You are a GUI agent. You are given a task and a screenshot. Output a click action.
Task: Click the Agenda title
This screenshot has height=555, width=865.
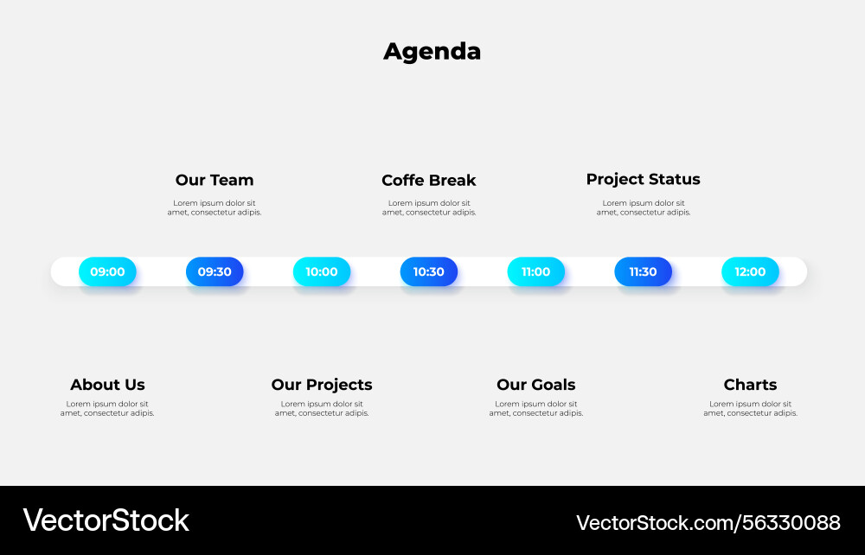point(432,52)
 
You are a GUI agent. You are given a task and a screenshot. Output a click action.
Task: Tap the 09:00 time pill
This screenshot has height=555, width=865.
point(107,271)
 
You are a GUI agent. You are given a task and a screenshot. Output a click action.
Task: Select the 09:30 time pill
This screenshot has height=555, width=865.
point(215,271)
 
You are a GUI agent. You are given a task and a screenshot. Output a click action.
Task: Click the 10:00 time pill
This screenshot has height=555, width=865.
point(322,271)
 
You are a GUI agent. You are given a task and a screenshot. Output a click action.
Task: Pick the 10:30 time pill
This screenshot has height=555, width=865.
point(428,271)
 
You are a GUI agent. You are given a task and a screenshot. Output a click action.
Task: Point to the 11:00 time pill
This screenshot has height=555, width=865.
point(535,271)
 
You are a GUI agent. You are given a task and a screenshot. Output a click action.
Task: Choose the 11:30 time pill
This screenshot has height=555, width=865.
point(643,271)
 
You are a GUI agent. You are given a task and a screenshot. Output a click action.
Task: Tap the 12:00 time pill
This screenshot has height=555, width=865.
point(750,271)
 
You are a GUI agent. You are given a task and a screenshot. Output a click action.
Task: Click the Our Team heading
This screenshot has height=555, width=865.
point(215,180)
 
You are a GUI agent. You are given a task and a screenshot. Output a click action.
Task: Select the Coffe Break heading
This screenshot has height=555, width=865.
point(429,180)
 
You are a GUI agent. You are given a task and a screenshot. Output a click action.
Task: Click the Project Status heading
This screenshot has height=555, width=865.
point(643,179)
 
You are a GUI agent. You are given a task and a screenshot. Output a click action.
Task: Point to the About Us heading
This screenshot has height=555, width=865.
point(107,385)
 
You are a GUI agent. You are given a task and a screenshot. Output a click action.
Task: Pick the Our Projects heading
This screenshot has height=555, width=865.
point(322,385)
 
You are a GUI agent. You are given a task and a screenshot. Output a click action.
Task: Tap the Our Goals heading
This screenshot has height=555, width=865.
point(535,385)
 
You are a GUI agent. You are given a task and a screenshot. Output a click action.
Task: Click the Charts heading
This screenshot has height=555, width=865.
point(750,385)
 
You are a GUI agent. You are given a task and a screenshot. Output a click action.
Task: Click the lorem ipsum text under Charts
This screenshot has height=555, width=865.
point(750,408)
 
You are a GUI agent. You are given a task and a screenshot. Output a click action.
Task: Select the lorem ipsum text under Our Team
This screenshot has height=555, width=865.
point(215,207)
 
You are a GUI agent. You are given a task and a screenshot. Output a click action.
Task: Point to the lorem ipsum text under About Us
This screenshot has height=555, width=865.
point(107,408)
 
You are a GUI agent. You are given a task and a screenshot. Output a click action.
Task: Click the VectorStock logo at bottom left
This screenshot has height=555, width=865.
point(106,520)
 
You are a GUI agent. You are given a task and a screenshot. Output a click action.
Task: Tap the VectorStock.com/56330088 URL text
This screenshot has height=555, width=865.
point(708,522)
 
